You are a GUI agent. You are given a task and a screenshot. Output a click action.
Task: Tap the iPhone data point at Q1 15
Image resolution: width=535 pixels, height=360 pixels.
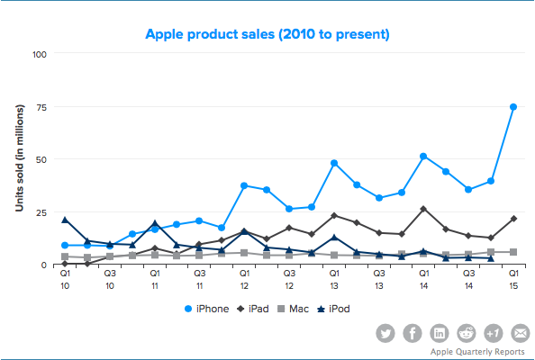pos(512,107)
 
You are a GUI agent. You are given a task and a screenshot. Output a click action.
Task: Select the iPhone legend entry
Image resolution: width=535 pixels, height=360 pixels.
pos(206,309)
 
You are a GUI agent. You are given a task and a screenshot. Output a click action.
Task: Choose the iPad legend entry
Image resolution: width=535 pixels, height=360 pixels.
pos(253,309)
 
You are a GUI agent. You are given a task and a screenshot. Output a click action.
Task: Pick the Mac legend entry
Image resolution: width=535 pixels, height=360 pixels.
pos(293,309)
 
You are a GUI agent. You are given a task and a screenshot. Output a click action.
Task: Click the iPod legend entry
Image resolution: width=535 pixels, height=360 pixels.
pos(333,309)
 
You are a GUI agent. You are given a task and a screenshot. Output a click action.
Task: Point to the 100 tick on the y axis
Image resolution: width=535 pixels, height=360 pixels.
pos(40,55)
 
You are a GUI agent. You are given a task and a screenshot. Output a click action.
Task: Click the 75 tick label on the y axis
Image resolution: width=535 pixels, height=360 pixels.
pos(41,107)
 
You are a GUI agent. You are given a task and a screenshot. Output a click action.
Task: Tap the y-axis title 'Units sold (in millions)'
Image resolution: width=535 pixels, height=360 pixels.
pos(20,158)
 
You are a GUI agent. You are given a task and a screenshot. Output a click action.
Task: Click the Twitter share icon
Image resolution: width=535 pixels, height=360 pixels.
pos(385,333)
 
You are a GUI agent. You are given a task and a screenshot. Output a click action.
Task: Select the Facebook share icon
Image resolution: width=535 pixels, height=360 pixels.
pos(413,333)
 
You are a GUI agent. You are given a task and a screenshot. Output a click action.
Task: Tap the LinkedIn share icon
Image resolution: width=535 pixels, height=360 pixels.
pos(440,333)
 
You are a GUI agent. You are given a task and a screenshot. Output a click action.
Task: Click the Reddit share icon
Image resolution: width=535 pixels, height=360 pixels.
pos(466,333)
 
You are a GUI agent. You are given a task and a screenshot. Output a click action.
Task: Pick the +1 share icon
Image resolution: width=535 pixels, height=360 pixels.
pos(493,333)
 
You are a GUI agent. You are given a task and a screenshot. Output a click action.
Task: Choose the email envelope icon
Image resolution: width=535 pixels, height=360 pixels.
pos(520,333)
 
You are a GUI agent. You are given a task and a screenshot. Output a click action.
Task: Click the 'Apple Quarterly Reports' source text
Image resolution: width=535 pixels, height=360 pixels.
pos(477,352)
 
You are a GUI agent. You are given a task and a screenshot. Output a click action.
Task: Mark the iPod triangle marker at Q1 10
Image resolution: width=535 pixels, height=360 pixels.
pos(65,220)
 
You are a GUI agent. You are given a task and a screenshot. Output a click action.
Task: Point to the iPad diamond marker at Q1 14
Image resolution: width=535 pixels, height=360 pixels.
pos(423,209)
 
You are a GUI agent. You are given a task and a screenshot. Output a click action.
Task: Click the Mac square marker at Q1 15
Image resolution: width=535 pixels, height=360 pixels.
pos(513,252)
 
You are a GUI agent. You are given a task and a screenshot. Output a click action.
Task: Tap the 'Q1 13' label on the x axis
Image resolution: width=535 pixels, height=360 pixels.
pos(334,280)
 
